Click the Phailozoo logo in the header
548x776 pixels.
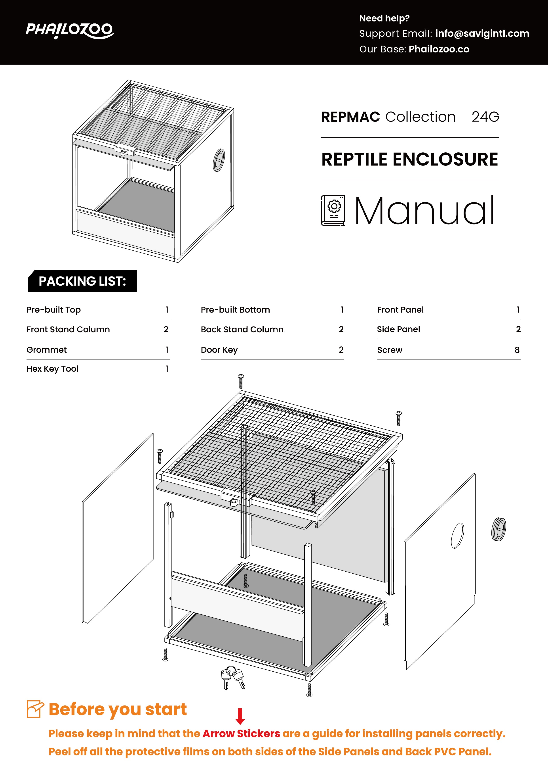click(x=70, y=31)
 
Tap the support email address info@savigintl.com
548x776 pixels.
click(x=482, y=33)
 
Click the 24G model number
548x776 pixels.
click(x=485, y=117)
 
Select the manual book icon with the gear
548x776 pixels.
click(x=333, y=210)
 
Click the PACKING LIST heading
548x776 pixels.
click(x=82, y=281)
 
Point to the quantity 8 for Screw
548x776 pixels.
click(x=517, y=350)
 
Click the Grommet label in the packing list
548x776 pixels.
click(x=47, y=350)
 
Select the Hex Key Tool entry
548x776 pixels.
click(x=52, y=369)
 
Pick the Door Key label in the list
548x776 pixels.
click(x=219, y=350)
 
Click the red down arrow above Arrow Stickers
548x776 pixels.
click(x=240, y=716)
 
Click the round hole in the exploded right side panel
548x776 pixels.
click(x=457, y=536)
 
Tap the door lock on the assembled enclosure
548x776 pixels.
click(x=125, y=150)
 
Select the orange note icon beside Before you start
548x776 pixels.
click(x=35, y=709)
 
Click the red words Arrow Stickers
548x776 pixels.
click(x=242, y=734)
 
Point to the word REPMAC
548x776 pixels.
click(x=350, y=117)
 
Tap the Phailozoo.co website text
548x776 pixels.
click(x=439, y=49)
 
